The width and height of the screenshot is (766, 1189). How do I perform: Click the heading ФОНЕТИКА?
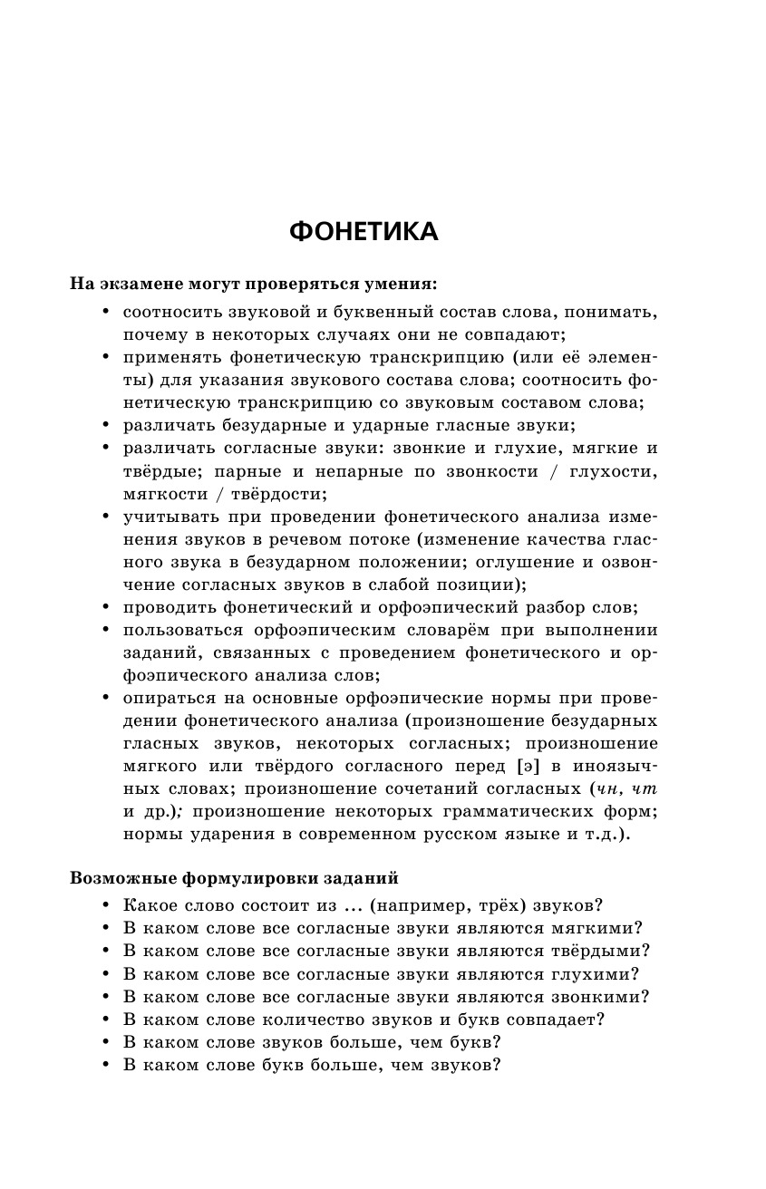click(x=364, y=232)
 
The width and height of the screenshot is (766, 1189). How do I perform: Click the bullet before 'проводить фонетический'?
click(x=105, y=607)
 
